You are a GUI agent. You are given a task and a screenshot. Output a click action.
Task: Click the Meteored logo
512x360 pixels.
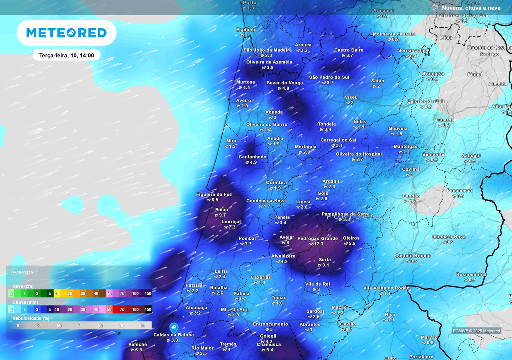coord(66,33)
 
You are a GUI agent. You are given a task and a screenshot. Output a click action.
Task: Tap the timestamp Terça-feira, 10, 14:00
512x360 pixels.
coord(66,55)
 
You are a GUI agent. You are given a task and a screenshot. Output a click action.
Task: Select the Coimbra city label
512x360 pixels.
coord(276,183)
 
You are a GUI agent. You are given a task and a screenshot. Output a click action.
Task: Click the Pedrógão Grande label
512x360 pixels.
coord(317,238)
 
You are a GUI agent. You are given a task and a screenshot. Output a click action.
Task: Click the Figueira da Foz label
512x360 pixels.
coord(214,194)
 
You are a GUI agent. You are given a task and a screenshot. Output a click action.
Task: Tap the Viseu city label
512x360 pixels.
coord(351,97)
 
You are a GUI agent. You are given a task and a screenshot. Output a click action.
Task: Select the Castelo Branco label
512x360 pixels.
coord(412,256)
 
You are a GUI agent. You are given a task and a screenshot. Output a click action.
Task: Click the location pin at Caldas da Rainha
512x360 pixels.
coord(174,327)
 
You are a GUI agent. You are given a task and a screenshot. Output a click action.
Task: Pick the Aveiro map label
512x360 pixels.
coord(243,100)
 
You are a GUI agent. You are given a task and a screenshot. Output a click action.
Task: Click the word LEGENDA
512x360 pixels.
coord(22,273)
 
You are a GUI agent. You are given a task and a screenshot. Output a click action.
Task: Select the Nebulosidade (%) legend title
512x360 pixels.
coord(31,318)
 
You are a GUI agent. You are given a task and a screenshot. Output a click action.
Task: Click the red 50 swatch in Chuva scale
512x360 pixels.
coord(109,310)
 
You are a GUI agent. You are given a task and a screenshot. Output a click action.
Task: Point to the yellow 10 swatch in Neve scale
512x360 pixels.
coord(57,293)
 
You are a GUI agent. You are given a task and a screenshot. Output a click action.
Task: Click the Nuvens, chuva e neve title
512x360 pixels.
coord(471,8)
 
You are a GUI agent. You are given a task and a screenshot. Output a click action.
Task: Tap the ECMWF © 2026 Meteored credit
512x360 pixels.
coord(476,331)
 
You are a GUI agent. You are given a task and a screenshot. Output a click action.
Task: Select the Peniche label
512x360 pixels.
coord(138,344)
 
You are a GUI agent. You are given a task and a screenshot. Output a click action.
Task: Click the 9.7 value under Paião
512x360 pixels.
coord(222,215)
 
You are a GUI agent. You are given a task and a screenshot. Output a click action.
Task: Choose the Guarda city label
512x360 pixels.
coord(445,120)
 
